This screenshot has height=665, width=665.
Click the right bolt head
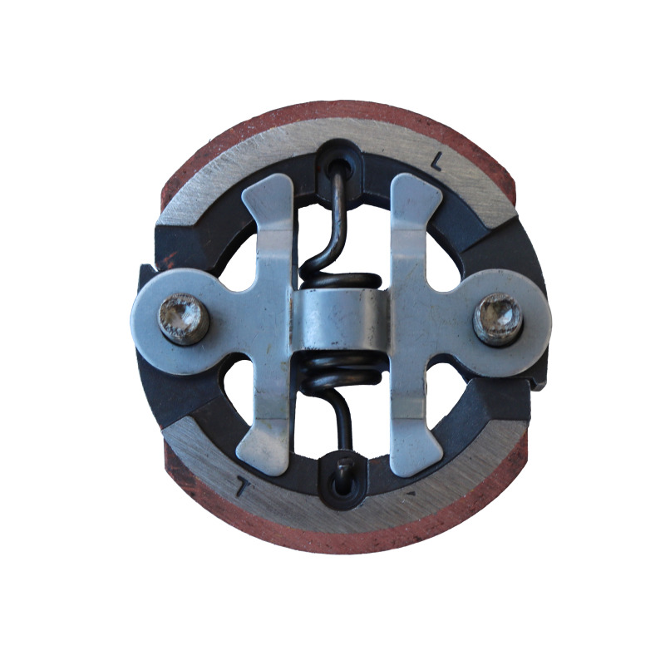click(x=498, y=319)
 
